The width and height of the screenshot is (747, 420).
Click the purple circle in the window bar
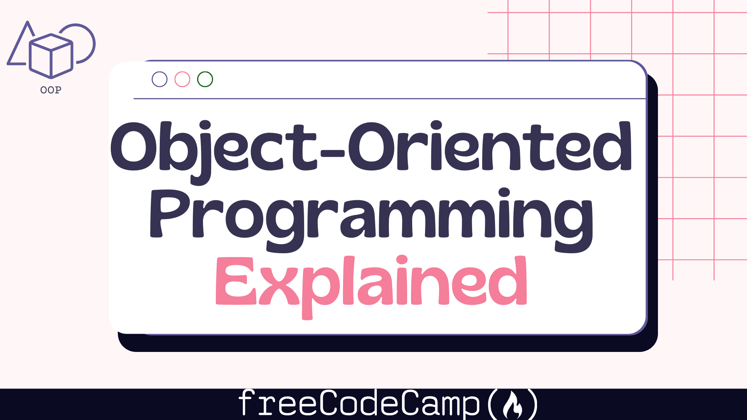pos(159,72)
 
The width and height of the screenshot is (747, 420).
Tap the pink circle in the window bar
pos(182,72)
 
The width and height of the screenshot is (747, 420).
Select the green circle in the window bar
pos(205,72)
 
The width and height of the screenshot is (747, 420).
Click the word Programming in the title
pos(371,220)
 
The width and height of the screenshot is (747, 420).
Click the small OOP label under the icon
pos(51,90)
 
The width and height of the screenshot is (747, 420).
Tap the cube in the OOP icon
pos(51,56)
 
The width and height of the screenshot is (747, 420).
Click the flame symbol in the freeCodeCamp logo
pos(513,405)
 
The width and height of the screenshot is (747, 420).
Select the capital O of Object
pos(134,147)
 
